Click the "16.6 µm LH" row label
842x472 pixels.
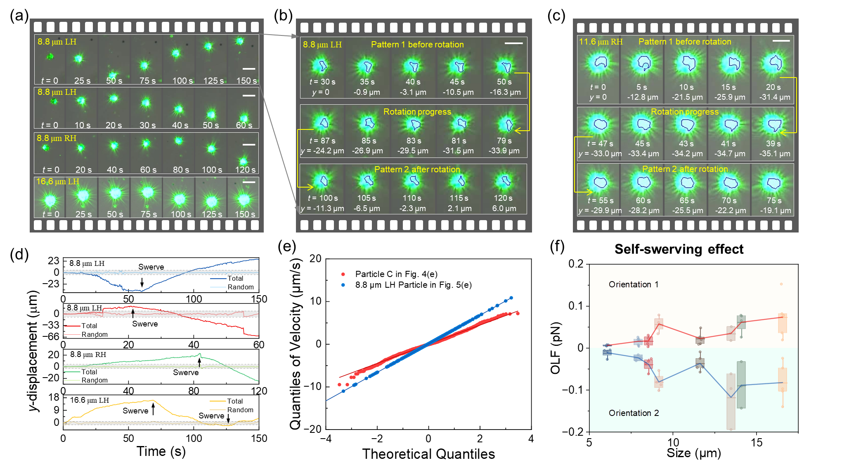pyautogui.click(x=57, y=181)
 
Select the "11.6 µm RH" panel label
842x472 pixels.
pyautogui.click(x=601, y=42)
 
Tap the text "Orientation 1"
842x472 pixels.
pyautogui.click(x=633, y=284)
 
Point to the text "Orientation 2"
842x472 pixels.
pyautogui.click(x=634, y=413)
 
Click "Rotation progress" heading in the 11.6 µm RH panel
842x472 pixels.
pyautogui.click(x=684, y=112)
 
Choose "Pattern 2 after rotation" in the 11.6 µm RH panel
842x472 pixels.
pyautogui.click(x=685, y=169)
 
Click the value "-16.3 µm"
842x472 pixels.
pyautogui.click(x=505, y=92)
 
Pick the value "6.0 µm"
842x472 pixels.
pyautogui.click(x=504, y=209)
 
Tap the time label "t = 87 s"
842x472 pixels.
pyautogui.click(x=322, y=141)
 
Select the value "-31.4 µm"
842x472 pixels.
pyautogui.click(x=774, y=97)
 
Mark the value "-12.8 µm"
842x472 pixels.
pyautogui.click(x=643, y=97)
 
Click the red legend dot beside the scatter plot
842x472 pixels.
pyautogui.click(x=343, y=274)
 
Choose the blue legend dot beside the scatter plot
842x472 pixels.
pyautogui.click(x=343, y=285)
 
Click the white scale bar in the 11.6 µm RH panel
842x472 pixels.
pyautogui.click(x=781, y=41)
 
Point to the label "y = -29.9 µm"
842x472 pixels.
pyautogui.click(x=600, y=211)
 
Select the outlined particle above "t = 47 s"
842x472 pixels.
pyautogui.click(x=600, y=124)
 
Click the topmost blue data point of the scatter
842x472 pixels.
pyautogui.click(x=511, y=298)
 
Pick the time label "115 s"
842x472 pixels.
pyautogui.click(x=459, y=198)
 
